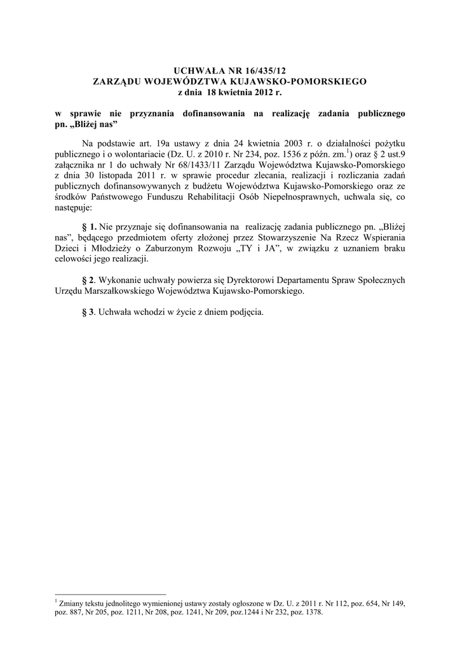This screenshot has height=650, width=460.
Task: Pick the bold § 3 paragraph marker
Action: (90, 313)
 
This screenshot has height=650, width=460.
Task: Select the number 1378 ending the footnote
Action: (311, 613)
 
